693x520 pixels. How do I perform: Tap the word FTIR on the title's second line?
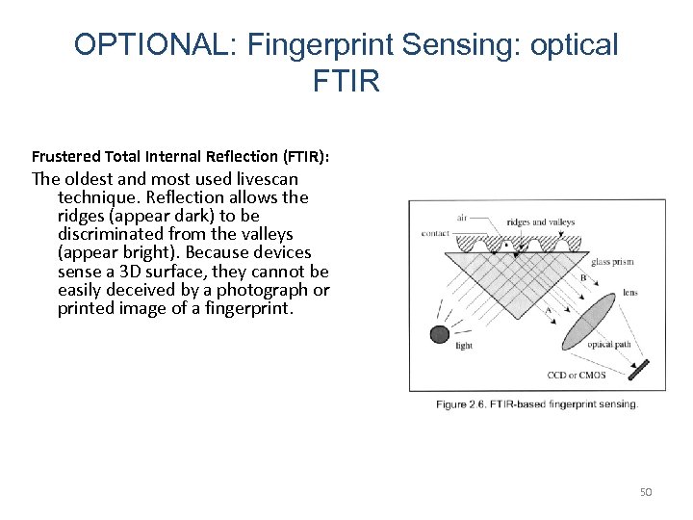pos(346,82)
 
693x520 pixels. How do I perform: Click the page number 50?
pos(646,492)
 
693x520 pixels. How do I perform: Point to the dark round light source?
pos(439,334)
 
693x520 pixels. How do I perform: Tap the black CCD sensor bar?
pos(638,369)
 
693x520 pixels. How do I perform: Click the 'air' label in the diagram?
pos(462,218)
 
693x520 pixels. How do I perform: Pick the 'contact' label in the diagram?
pos(436,233)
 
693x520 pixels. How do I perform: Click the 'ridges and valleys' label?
pos(541,221)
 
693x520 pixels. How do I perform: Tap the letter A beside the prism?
pos(550,311)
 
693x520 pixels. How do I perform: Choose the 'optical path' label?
pos(609,344)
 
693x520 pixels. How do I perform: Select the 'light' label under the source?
pos(464,346)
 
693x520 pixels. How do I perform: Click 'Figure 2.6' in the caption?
pos(465,403)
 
